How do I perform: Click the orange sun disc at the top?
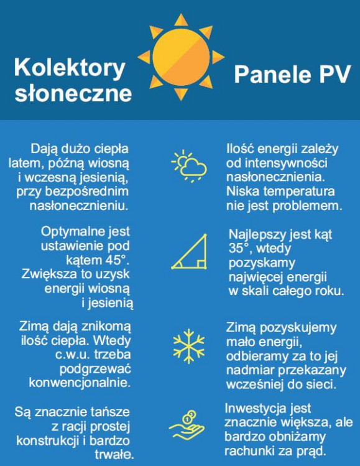click(x=181, y=57)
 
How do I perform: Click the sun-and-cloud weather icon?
click(x=188, y=165)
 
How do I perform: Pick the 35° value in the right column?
click(x=240, y=249)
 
